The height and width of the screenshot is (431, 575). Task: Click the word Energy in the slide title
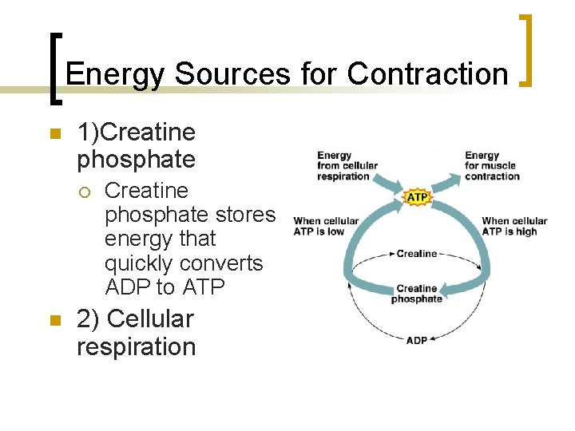coord(116,74)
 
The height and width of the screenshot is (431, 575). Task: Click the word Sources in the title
coord(233,74)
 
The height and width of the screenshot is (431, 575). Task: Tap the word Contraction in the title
coord(427,74)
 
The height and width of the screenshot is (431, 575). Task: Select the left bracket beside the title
coord(54,69)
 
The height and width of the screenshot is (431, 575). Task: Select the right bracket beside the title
coord(526,49)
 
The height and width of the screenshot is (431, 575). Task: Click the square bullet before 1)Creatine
coord(55,135)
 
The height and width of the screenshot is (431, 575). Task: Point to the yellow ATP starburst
coord(418,196)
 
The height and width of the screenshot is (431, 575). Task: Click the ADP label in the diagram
coord(417,339)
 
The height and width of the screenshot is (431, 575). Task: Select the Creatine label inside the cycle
coord(417,254)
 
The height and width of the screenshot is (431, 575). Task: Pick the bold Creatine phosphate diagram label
coord(417,294)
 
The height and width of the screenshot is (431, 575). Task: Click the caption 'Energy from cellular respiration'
coord(347,166)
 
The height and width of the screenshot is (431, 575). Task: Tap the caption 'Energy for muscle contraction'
coord(490,166)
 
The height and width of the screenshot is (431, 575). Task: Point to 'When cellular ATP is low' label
coord(326,226)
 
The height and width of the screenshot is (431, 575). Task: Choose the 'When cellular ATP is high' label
coord(514,226)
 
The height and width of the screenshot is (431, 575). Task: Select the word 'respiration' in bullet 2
coord(136,347)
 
